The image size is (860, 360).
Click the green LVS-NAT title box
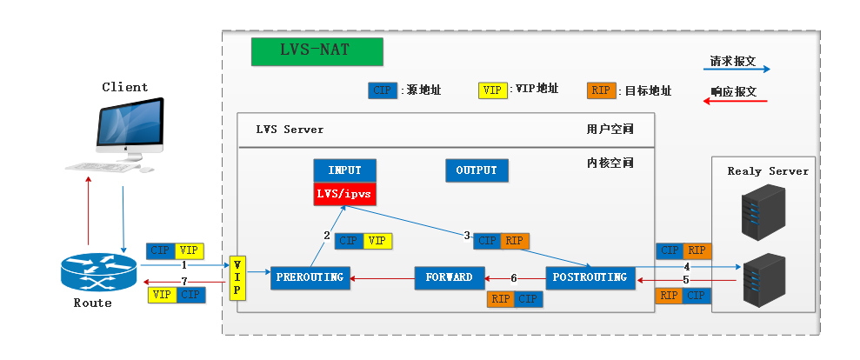coord(317,51)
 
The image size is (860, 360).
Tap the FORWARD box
coord(449,277)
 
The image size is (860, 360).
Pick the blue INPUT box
coord(344,170)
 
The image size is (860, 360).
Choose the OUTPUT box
coord(477,170)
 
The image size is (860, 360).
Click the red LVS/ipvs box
coord(344,193)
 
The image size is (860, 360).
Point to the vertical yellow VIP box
coord(235,278)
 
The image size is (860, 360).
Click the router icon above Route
coord(98,272)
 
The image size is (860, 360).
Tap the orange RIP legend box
coord(601,90)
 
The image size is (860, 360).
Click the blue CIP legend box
coord(382,90)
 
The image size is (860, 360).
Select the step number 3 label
coord(467,236)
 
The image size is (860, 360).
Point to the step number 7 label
coord(184,282)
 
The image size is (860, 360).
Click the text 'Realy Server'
coord(768,171)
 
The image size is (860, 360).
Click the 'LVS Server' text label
coord(290,130)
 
